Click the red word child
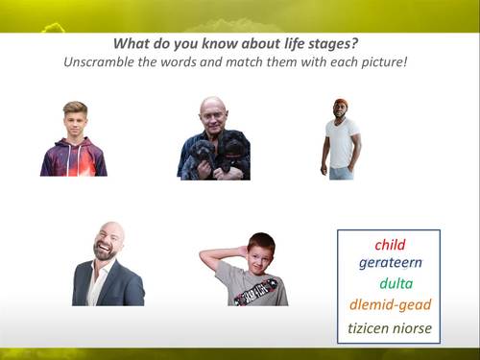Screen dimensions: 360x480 click(x=390, y=244)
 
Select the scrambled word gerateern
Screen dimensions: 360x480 click(x=391, y=262)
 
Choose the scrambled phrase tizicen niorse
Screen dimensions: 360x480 click(x=390, y=328)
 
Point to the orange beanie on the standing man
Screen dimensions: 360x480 click(x=341, y=103)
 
